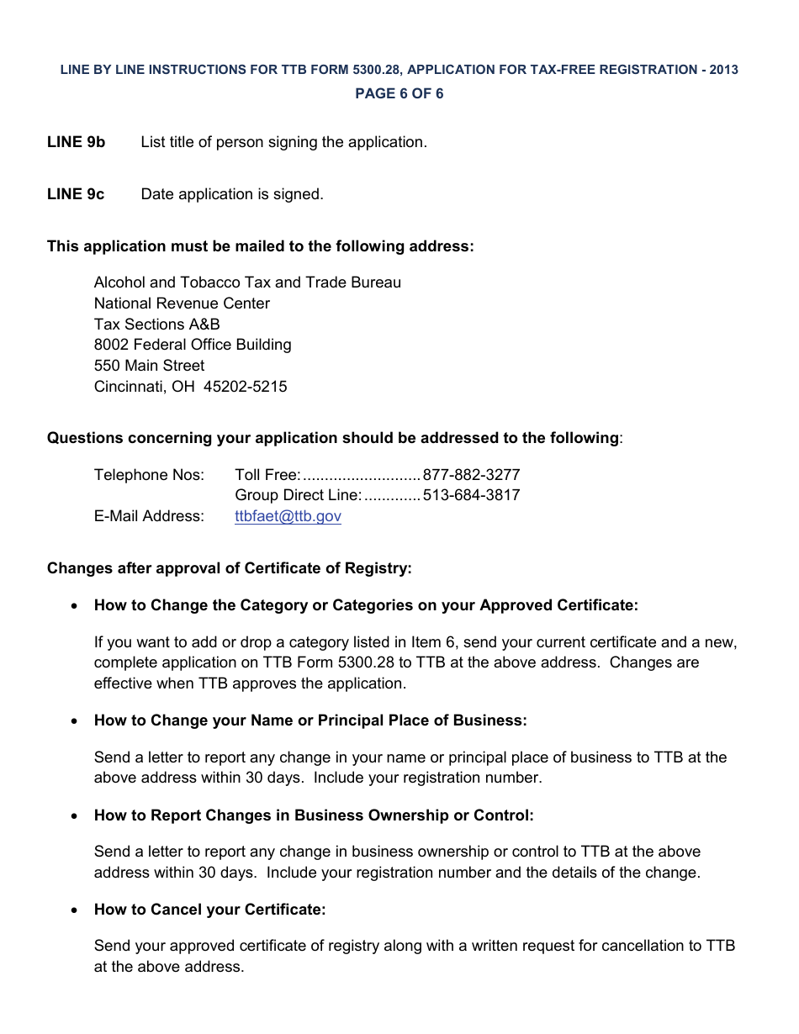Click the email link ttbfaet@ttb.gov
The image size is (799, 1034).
(288, 516)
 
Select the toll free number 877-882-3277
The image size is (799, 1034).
(471, 475)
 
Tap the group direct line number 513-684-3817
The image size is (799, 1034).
(471, 495)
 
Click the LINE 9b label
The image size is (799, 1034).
(77, 142)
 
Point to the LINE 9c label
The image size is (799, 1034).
(76, 194)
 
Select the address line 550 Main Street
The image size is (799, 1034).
(149, 366)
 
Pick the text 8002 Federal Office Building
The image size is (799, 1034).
(193, 345)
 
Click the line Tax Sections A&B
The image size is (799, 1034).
(157, 324)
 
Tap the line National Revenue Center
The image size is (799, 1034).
(182, 303)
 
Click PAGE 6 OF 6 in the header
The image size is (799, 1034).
(399, 93)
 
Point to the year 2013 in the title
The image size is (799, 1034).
(723, 70)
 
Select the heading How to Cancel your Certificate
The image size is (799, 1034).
(209, 910)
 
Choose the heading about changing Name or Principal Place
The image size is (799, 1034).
(310, 720)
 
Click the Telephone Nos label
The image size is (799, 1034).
(149, 475)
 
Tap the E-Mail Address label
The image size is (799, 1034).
(149, 516)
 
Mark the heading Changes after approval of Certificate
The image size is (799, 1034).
(230, 568)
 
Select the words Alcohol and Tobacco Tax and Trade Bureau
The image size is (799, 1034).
(247, 282)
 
